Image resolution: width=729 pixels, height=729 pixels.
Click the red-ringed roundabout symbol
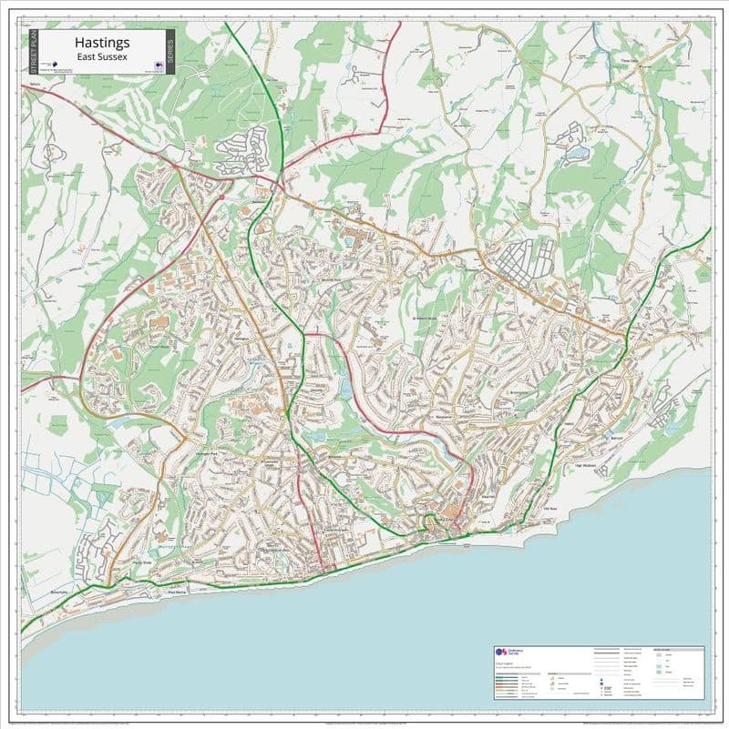click(x=221, y=197)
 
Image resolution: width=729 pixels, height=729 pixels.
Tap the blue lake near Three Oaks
click(x=576, y=154)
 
